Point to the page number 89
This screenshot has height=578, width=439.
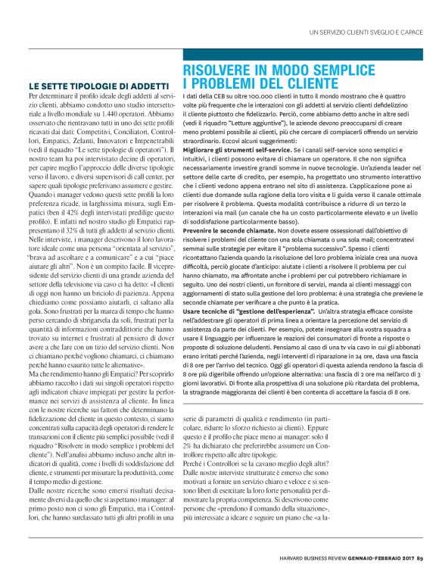pos(419,560)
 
